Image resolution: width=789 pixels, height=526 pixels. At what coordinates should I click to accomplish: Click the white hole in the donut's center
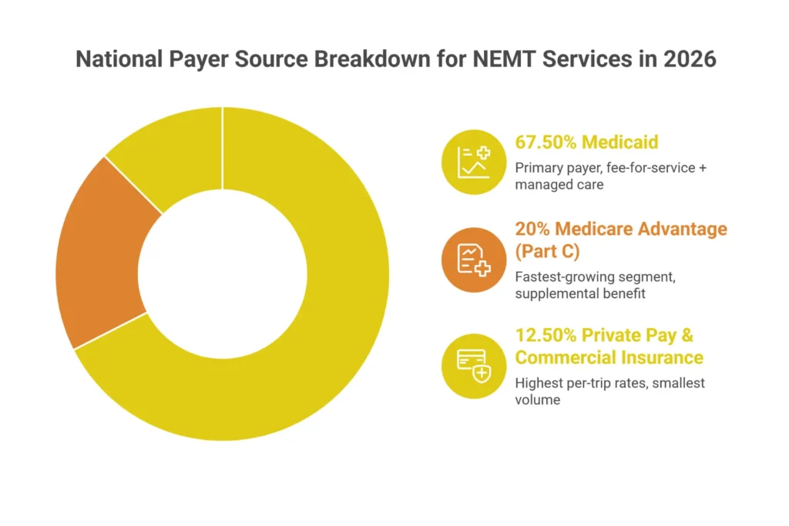tap(223, 273)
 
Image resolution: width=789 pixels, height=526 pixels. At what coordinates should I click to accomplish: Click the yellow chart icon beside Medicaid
tap(472, 161)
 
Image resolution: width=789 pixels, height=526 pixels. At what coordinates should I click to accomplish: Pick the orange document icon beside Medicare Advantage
tap(472, 260)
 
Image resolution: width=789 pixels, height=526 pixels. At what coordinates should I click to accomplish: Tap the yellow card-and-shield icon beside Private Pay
tap(472, 365)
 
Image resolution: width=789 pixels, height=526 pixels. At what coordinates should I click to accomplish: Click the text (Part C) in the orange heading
tap(549, 252)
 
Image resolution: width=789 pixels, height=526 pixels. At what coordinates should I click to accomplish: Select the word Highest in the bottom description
tap(539, 384)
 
